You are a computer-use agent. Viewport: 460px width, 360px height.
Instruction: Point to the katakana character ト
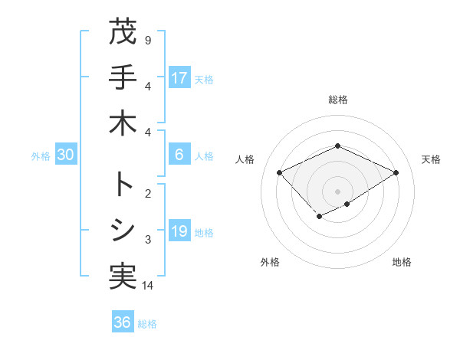point(123,185)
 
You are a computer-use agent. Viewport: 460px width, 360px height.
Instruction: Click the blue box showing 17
point(179,77)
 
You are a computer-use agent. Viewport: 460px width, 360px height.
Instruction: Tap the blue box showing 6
point(179,155)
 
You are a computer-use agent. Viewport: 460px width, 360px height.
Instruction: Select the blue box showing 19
point(179,231)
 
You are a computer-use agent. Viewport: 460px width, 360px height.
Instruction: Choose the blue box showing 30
point(65,155)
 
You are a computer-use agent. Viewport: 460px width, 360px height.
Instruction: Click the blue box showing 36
point(123,322)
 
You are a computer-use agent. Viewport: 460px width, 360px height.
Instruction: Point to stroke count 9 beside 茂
point(148,40)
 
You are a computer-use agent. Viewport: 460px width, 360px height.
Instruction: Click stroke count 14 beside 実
point(148,286)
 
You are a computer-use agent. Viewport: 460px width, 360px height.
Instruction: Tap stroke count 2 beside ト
point(148,193)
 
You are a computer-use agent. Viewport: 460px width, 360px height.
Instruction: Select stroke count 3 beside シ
point(148,240)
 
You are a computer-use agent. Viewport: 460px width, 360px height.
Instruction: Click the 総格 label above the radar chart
point(338,100)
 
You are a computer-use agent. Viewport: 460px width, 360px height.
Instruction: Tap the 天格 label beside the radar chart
point(431,159)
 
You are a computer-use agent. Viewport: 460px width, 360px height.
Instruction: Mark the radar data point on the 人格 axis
point(280,172)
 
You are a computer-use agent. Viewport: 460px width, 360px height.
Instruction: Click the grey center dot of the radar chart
point(338,191)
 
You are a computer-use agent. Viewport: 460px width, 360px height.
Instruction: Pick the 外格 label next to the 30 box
point(41,155)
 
